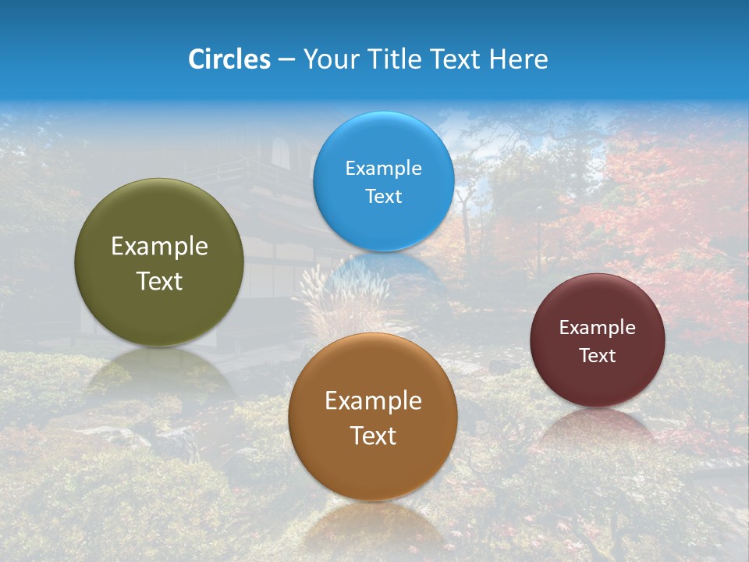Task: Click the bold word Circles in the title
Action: click(229, 59)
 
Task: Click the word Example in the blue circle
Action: click(383, 169)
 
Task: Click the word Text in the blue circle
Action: click(383, 196)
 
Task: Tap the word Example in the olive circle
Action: click(159, 247)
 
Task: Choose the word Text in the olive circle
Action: click(159, 281)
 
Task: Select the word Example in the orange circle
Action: click(373, 401)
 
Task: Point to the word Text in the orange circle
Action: click(373, 436)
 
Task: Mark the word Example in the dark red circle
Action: click(597, 328)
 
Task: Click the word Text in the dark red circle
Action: click(597, 356)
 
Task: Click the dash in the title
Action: click(286, 60)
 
